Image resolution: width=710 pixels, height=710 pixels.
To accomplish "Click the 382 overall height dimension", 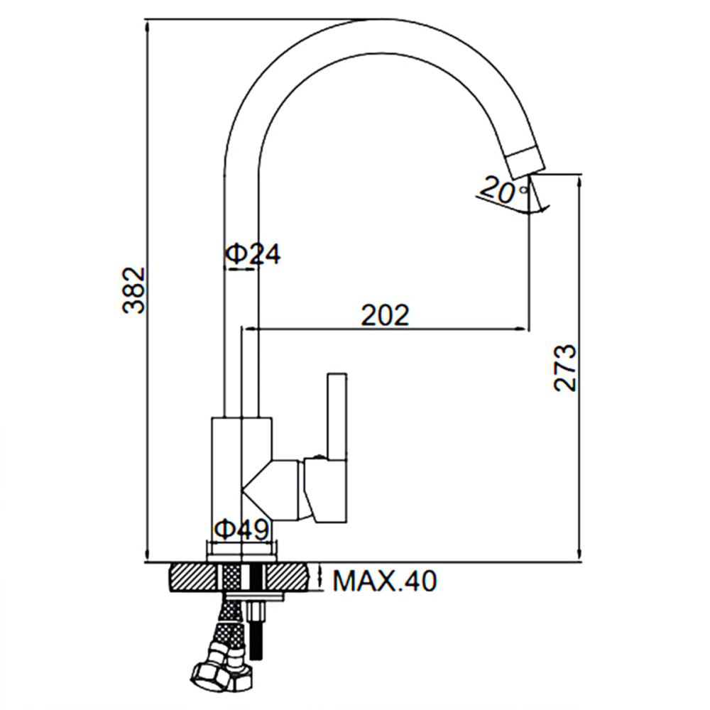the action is coord(133,290).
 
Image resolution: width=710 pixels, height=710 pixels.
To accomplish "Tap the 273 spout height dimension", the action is coord(564,368).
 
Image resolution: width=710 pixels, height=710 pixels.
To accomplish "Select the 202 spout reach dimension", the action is coord(385,315).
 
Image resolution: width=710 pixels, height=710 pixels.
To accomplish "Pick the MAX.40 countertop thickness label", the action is coord(385,581).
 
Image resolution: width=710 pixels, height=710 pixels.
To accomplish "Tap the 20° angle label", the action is coord(503,190).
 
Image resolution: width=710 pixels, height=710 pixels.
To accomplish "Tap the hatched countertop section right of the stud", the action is coord(288,577).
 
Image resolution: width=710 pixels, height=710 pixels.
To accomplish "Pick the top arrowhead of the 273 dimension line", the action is coord(579,182).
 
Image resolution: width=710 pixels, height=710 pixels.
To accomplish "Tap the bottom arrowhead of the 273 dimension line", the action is coord(579,554).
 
